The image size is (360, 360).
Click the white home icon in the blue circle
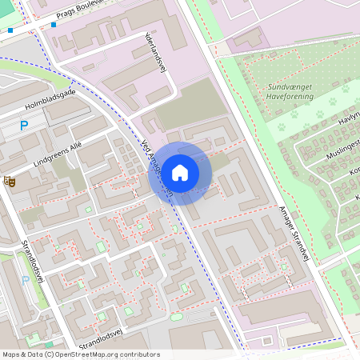pyautogui.click(x=180, y=173)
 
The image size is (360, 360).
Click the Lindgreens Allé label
pyautogui.click(x=58, y=154)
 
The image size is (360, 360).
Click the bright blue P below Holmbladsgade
pyautogui.click(x=24, y=125)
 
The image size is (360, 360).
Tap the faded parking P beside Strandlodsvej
pyautogui.click(x=26, y=279)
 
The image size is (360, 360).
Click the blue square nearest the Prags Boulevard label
pyautogui.click(x=53, y=25)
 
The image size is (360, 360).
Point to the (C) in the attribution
pyautogui.click(x=49, y=354)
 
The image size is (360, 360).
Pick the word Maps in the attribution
pyautogui.click(x=11, y=354)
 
